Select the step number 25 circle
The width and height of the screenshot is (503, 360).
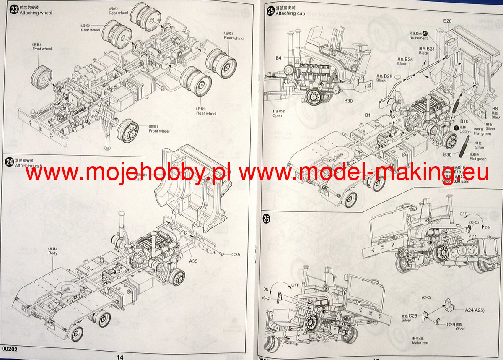271,10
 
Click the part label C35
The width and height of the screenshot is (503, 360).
236,254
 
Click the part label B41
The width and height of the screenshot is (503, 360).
280,58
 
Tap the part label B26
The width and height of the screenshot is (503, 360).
447,21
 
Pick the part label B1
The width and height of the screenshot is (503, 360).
368,115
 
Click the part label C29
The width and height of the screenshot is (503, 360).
451,324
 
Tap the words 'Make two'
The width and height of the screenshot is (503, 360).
420,343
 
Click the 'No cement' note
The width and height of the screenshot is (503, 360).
418,38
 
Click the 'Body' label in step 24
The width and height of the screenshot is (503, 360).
53,253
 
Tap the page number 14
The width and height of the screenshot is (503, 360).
120,357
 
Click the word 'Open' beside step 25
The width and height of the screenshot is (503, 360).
277,115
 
